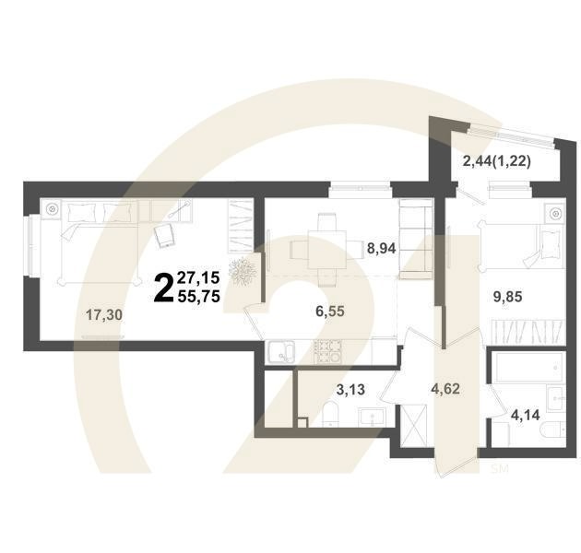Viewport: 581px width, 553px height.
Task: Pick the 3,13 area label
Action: (x=348, y=390)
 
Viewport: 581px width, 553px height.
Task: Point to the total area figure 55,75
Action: (x=202, y=297)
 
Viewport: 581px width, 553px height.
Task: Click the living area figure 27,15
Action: (x=202, y=276)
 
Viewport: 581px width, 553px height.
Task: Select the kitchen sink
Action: (x=279, y=350)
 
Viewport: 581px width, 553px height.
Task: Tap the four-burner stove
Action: (x=326, y=350)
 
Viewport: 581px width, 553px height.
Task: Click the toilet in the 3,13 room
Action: (x=330, y=416)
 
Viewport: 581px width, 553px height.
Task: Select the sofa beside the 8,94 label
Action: (x=411, y=243)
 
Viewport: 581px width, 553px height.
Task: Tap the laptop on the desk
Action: (x=165, y=236)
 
